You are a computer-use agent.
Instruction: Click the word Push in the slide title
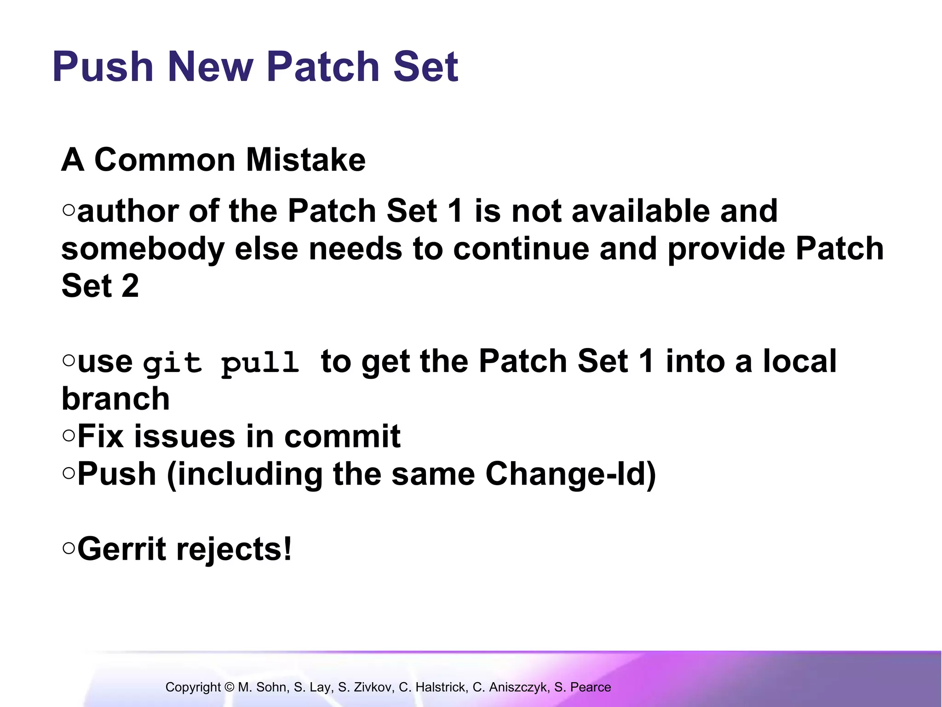(103, 67)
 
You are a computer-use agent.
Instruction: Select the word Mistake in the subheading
(305, 160)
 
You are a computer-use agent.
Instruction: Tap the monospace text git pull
(221, 363)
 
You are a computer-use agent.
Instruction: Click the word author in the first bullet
(128, 211)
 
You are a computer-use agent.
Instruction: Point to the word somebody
(143, 249)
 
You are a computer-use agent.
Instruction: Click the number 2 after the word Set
(130, 286)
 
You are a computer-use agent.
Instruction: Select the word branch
(115, 399)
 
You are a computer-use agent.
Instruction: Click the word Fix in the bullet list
(100, 436)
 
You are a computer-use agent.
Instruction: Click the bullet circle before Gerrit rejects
(69, 548)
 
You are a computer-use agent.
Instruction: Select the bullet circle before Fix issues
(69, 435)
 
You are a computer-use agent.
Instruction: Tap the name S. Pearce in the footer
(582, 687)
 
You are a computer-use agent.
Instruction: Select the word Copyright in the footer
(193, 687)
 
